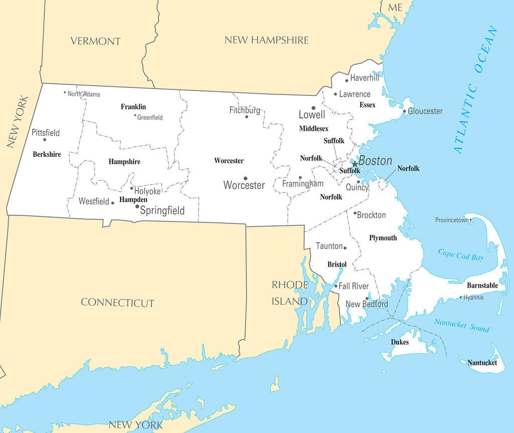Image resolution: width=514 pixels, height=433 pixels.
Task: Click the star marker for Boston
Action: [x=354, y=163]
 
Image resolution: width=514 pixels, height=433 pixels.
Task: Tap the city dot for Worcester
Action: [x=245, y=178]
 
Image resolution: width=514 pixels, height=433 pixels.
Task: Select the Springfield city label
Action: [x=162, y=211]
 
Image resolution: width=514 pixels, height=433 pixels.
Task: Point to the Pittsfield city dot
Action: [x=45, y=139]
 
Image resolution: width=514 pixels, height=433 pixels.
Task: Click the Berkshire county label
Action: [x=47, y=154]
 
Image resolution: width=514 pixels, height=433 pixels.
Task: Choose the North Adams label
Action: [x=84, y=94]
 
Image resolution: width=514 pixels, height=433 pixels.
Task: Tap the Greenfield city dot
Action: [x=135, y=115]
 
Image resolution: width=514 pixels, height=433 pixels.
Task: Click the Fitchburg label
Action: [x=245, y=110]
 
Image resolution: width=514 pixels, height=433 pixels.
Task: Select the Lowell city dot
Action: [x=313, y=108]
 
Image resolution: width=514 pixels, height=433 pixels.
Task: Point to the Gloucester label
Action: [x=425, y=111]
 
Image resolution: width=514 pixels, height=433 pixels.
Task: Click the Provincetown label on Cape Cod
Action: [x=451, y=220]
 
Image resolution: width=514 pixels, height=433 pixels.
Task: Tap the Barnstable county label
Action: [x=482, y=286]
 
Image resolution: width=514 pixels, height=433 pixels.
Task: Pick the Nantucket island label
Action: [x=482, y=363]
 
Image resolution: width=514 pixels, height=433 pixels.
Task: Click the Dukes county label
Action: [x=400, y=342]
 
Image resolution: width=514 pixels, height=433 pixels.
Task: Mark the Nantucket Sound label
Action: [x=462, y=325]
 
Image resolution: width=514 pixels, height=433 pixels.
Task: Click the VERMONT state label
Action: [x=95, y=41]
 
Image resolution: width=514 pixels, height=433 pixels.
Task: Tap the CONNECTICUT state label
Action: [x=117, y=302]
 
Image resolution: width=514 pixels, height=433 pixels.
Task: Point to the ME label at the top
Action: [x=395, y=7]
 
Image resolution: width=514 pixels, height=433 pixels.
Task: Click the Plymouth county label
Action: [x=382, y=238]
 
